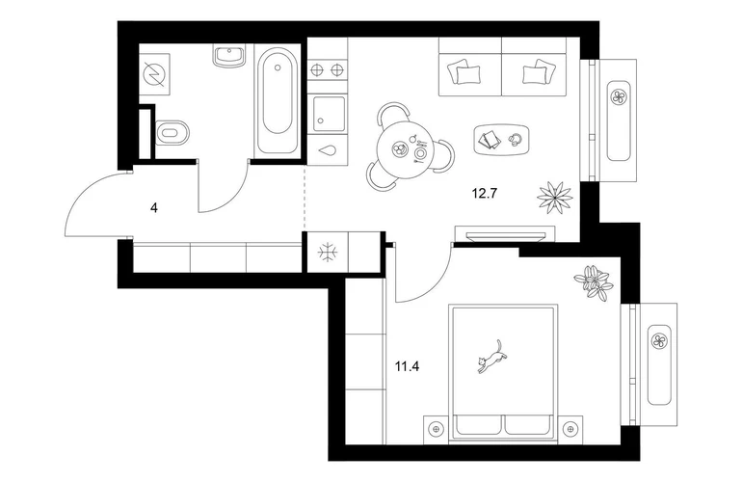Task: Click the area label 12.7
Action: click(x=484, y=193)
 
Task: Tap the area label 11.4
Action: click(x=408, y=366)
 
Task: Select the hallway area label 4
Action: click(x=154, y=207)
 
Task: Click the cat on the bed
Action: click(x=491, y=356)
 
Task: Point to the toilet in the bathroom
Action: click(x=172, y=133)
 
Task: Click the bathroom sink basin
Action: click(x=229, y=56)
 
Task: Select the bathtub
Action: click(x=277, y=101)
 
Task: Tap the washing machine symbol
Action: click(x=154, y=75)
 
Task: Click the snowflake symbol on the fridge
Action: click(x=328, y=252)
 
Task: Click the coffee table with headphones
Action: click(x=501, y=139)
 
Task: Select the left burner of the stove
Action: click(x=317, y=70)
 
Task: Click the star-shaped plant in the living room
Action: click(x=555, y=197)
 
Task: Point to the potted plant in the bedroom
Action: click(x=594, y=281)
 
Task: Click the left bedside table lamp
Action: click(x=436, y=428)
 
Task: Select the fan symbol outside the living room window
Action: click(x=618, y=97)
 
